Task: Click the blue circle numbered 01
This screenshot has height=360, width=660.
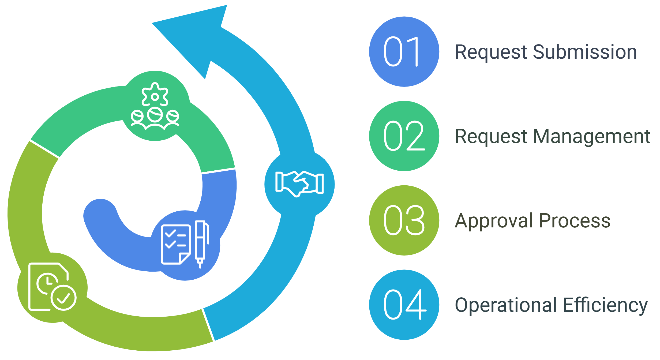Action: click(404, 52)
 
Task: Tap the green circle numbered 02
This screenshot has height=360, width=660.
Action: click(404, 136)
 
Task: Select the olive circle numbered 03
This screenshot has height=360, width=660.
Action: click(404, 220)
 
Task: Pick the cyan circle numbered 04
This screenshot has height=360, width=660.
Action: click(404, 305)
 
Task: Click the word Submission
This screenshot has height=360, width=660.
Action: click(585, 52)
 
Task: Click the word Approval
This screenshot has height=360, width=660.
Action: click(494, 221)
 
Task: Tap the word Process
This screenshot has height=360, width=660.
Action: click(575, 221)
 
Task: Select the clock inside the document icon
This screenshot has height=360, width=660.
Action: click(47, 283)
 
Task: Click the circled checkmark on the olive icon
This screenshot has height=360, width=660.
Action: click(63, 298)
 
